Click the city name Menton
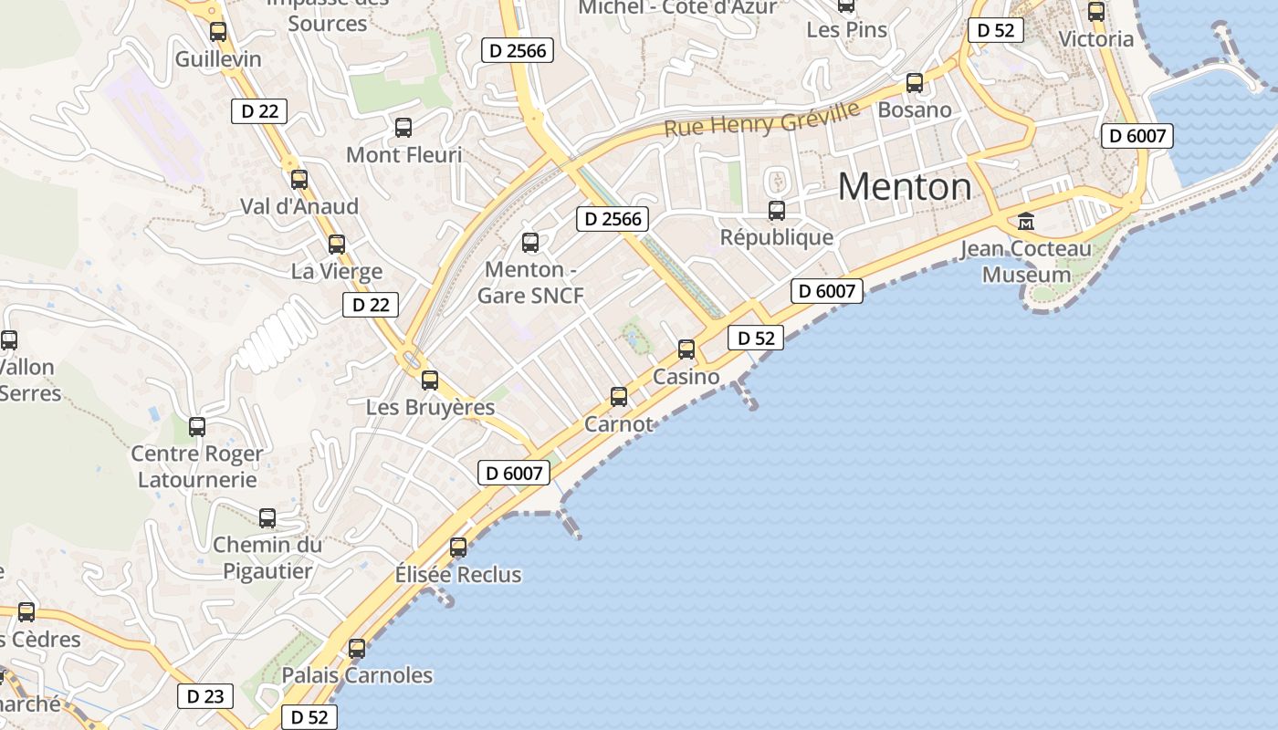[x=905, y=187]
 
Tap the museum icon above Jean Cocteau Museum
[x=1026, y=222]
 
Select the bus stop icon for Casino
[x=686, y=349]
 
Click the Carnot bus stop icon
[x=619, y=397]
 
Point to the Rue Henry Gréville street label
[x=761, y=120]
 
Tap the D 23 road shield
[x=205, y=696]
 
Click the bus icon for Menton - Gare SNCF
[x=530, y=243]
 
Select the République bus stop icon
[x=777, y=211]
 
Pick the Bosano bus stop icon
[x=915, y=83]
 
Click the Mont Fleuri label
[x=404, y=155]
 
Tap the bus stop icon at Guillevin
[x=218, y=32]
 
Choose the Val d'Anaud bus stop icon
[x=299, y=180]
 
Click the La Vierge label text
[x=337, y=272]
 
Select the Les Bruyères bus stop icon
[x=430, y=381]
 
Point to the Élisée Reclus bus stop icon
[x=458, y=547]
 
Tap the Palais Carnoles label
[x=357, y=675]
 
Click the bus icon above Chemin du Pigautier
[x=267, y=518]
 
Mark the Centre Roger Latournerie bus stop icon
[x=197, y=426]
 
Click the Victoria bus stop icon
[x=1096, y=12]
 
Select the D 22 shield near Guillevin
[x=259, y=111]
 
